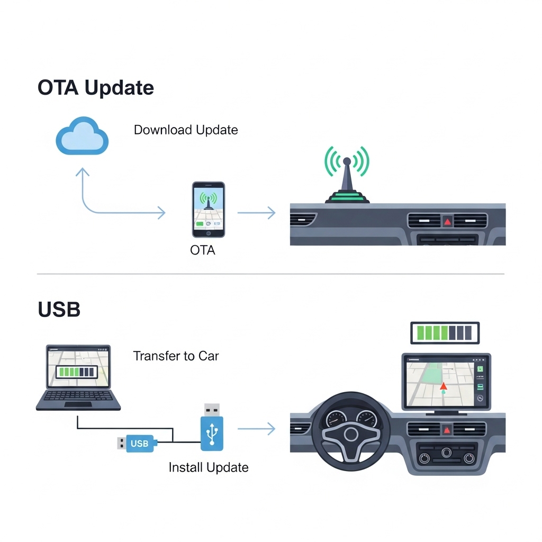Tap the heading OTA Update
tap(96, 87)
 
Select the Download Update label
tap(186, 130)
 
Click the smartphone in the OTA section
tap(208, 210)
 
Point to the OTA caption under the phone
tap(203, 250)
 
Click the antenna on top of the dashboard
tap(347, 180)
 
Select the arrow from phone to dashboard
tap(256, 213)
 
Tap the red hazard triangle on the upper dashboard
tap(448, 222)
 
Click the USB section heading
tap(59, 310)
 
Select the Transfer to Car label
tap(176, 356)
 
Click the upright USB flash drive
tap(212, 429)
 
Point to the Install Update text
tap(209, 467)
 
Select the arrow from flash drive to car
tap(256, 429)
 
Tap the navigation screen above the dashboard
tap(446, 381)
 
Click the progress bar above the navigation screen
tap(445, 333)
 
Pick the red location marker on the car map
tap(443, 387)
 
